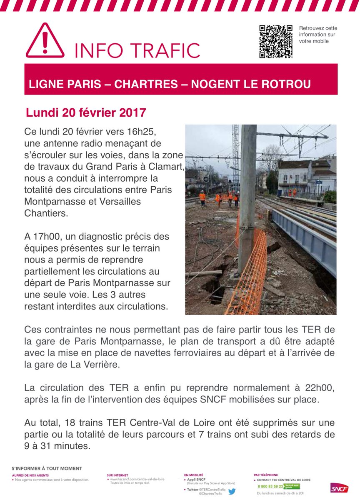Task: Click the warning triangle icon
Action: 45,41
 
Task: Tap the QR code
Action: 275,41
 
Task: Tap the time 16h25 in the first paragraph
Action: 142,132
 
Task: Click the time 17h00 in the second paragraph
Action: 45,237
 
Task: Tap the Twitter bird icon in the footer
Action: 232,491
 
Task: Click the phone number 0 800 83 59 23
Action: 270,486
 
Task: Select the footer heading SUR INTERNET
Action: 117,475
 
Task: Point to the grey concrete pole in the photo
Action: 247,196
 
